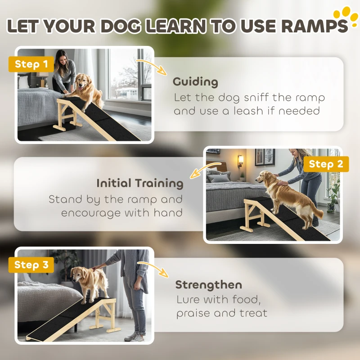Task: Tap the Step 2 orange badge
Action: point(326,164)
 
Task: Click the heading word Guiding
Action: point(195,82)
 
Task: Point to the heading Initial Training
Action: point(139,183)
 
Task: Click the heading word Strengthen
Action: point(208,284)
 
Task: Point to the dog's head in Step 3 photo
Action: point(79,274)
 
